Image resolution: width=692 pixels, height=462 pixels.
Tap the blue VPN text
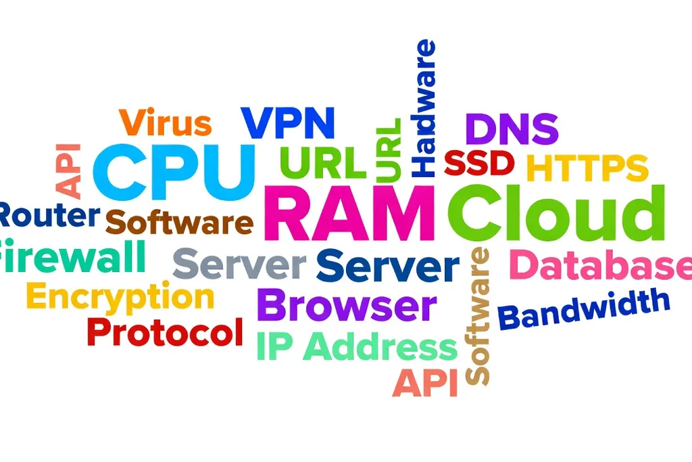[x=288, y=122]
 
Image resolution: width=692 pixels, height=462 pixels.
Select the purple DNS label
[x=512, y=129]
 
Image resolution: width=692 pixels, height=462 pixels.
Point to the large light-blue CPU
[x=174, y=172]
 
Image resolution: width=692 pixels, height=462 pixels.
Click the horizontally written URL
[x=323, y=162]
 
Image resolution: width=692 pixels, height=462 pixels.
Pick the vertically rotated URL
[x=389, y=149]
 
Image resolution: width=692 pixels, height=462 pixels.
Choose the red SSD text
[x=479, y=162]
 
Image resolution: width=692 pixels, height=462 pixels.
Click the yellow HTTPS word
[x=587, y=168]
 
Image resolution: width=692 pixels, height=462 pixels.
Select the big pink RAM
[x=349, y=213]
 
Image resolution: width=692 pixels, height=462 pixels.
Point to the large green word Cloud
[x=556, y=213]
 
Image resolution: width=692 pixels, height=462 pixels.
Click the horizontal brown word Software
[x=179, y=222]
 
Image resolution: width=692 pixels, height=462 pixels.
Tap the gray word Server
[x=239, y=264]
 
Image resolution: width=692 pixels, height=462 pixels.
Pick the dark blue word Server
[x=388, y=265]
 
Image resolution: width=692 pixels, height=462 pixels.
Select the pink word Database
[x=601, y=264]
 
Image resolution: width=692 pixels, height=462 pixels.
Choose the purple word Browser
[x=347, y=305]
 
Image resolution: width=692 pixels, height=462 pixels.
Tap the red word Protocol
[x=165, y=332]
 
